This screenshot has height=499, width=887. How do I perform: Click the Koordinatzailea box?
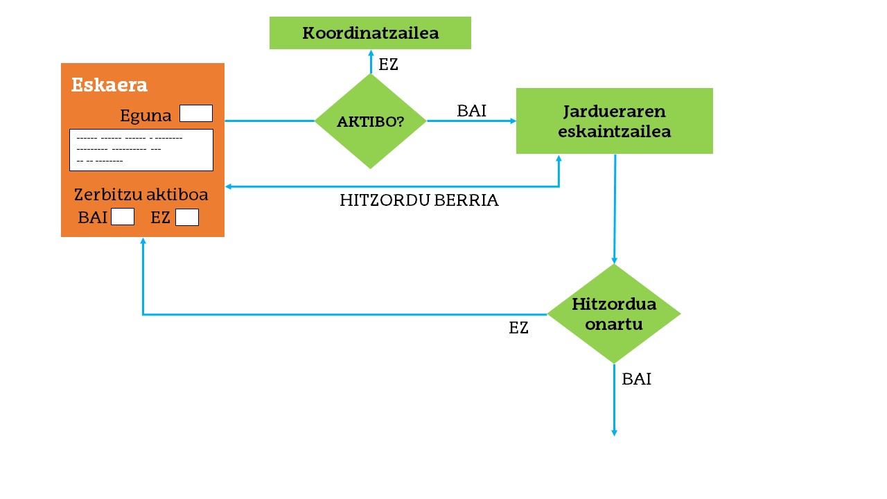click(370, 33)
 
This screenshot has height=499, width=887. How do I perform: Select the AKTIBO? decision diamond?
click(370, 121)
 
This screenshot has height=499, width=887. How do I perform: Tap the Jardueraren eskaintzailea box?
click(614, 121)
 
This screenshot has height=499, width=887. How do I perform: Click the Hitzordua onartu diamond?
click(614, 314)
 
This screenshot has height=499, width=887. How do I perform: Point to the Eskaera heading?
click(109, 85)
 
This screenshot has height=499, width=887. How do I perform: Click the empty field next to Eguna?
click(196, 114)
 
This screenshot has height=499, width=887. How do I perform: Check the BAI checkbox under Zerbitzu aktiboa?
click(123, 217)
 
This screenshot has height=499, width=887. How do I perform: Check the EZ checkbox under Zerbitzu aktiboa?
click(187, 217)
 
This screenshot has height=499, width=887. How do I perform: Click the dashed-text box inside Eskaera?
click(141, 150)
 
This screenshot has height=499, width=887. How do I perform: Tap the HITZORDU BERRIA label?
click(419, 201)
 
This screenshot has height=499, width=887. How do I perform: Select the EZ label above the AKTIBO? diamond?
click(388, 65)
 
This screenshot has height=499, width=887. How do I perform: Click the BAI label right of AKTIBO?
click(471, 111)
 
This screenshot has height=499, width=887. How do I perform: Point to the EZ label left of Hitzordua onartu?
click(518, 329)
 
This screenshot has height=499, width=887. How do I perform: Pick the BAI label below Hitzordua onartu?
click(636, 379)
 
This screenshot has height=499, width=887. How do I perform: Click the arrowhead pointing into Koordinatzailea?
click(371, 53)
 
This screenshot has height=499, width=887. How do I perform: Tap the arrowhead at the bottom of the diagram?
click(614, 432)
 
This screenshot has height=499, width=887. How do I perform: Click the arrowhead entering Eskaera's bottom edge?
click(143, 241)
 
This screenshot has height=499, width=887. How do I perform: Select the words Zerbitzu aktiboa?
click(141, 195)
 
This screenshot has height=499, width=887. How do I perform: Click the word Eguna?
click(146, 116)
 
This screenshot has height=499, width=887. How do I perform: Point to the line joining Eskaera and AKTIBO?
click(270, 121)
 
